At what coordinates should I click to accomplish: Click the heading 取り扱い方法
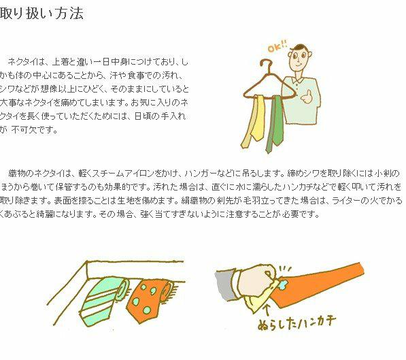click(x=42, y=14)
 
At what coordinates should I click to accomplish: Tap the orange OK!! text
click(x=277, y=47)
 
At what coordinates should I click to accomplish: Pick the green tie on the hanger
click(x=275, y=124)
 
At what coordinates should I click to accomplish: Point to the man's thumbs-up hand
click(x=307, y=97)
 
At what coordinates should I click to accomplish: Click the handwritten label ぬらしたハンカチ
click(x=297, y=322)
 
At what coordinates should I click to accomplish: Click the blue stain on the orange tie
click(x=284, y=285)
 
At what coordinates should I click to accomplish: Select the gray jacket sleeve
click(x=225, y=284)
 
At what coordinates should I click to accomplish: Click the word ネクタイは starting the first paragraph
click(x=27, y=62)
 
